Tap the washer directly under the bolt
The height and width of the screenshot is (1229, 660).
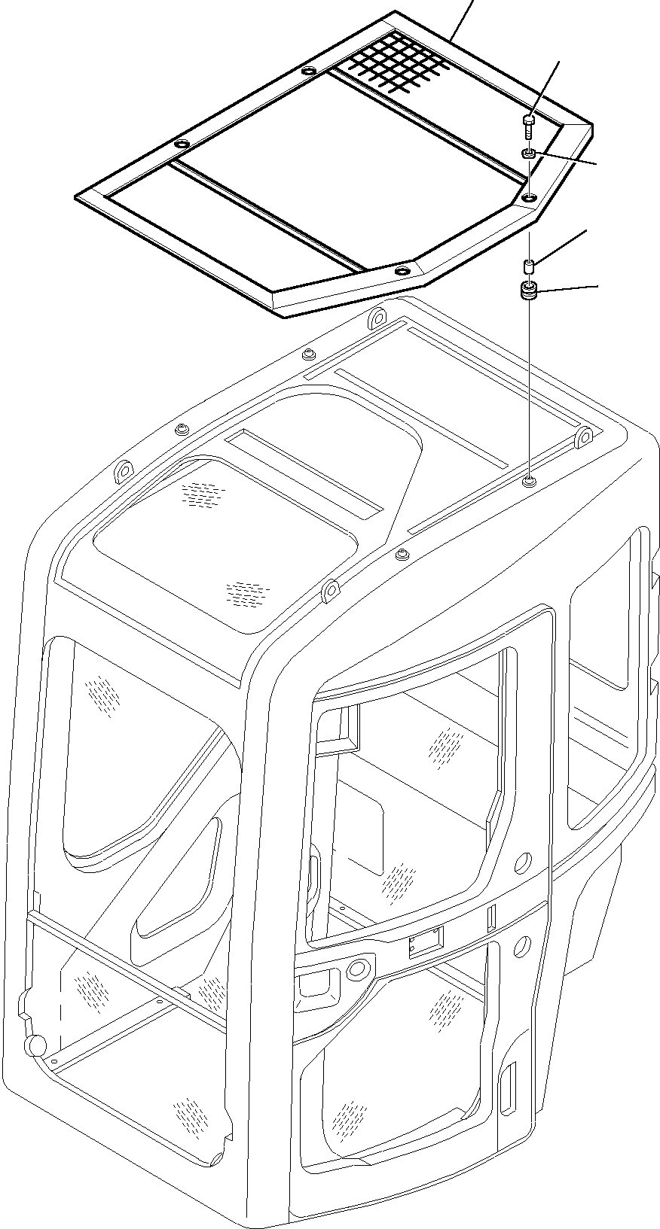tap(529, 154)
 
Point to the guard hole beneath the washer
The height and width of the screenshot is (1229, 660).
tap(530, 197)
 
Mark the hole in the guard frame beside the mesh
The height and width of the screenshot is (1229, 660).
tap(307, 71)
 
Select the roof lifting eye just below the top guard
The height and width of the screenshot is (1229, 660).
tap(375, 321)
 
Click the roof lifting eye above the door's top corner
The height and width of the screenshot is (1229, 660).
tap(329, 592)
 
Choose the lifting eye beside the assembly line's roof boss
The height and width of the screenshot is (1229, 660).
tap(584, 437)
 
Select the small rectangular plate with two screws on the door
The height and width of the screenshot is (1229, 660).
tap(426, 941)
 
